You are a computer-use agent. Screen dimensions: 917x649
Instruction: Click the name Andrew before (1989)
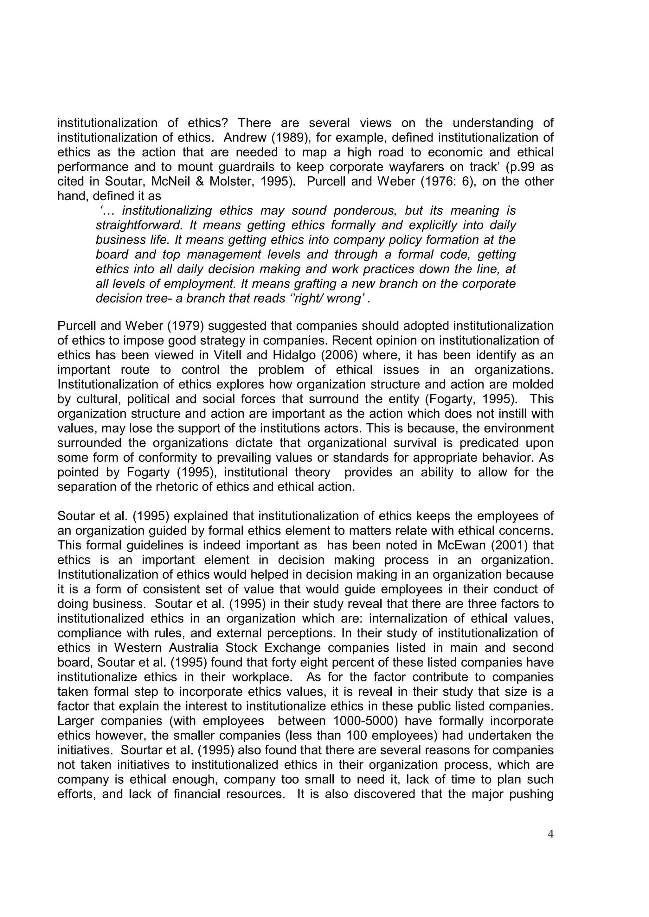click(245, 138)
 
